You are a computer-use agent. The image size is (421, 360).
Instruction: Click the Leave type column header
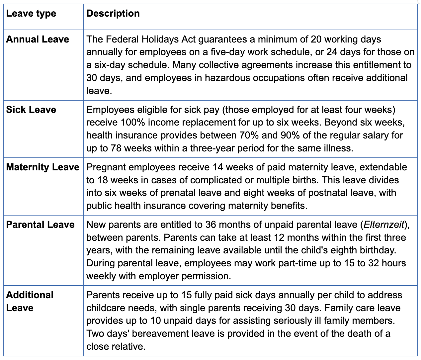coord(31,14)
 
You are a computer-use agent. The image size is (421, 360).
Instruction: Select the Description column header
coord(113,13)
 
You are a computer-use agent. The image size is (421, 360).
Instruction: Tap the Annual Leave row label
coord(38,39)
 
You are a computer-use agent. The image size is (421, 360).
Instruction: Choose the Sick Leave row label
coord(31,110)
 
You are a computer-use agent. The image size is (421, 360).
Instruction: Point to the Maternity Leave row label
coord(43,167)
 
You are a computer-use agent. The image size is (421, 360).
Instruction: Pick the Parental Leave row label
coord(40,225)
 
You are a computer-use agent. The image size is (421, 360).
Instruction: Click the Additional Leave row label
coord(30,301)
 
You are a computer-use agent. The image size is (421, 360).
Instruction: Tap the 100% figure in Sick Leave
coord(133,123)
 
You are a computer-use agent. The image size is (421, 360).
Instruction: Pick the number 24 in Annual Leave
coord(332,52)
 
